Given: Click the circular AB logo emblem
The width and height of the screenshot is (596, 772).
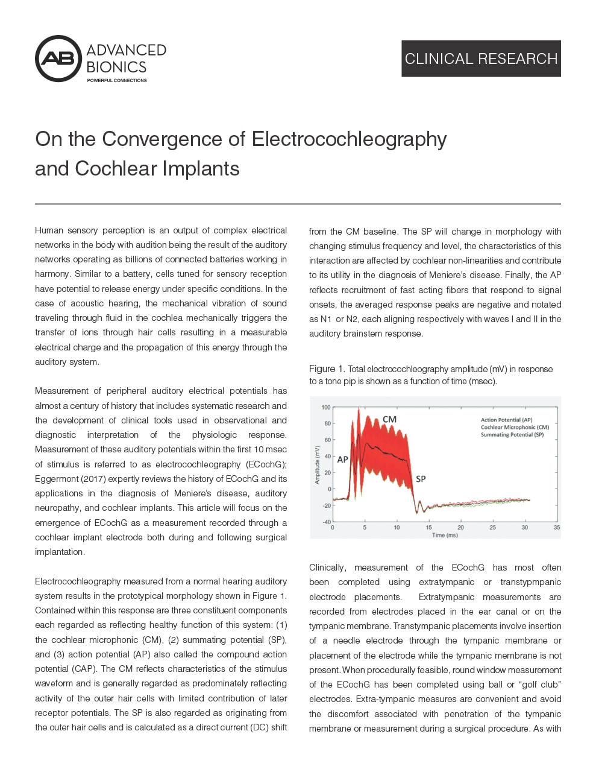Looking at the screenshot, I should click(58, 59).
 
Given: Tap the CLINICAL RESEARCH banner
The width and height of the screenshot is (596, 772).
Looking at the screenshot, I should click(481, 59).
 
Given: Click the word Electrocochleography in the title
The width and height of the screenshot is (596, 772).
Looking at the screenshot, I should click(349, 139).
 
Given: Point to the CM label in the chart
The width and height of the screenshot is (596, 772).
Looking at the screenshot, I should click(389, 419).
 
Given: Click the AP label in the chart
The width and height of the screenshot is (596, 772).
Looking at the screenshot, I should click(342, 459).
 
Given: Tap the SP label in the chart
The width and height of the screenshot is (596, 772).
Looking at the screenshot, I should click(421, 479).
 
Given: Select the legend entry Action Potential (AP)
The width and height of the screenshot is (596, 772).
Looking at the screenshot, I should click(506, 420).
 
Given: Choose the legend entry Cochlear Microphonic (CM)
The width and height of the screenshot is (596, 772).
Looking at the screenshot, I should click(515, 427).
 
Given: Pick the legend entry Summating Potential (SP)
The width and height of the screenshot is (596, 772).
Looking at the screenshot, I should click(512, 434).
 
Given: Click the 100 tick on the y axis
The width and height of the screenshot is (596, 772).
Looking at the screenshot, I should click(325, 407).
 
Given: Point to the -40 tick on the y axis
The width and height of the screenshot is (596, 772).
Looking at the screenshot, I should click(326, 522).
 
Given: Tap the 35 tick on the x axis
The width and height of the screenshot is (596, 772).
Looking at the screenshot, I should click(557, 528).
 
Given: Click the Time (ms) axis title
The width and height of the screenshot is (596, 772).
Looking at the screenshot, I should click(445, 535).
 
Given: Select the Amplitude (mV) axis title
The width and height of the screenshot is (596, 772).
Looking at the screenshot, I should click(317, 464).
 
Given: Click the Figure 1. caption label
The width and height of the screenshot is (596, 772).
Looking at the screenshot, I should click(327, 369).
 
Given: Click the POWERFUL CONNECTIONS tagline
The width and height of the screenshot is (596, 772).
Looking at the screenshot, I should click(117, 80).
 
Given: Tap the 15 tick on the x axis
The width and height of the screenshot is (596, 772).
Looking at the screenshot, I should click(429, 528).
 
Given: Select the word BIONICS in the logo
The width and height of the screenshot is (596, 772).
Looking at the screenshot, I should click(116, 66).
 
